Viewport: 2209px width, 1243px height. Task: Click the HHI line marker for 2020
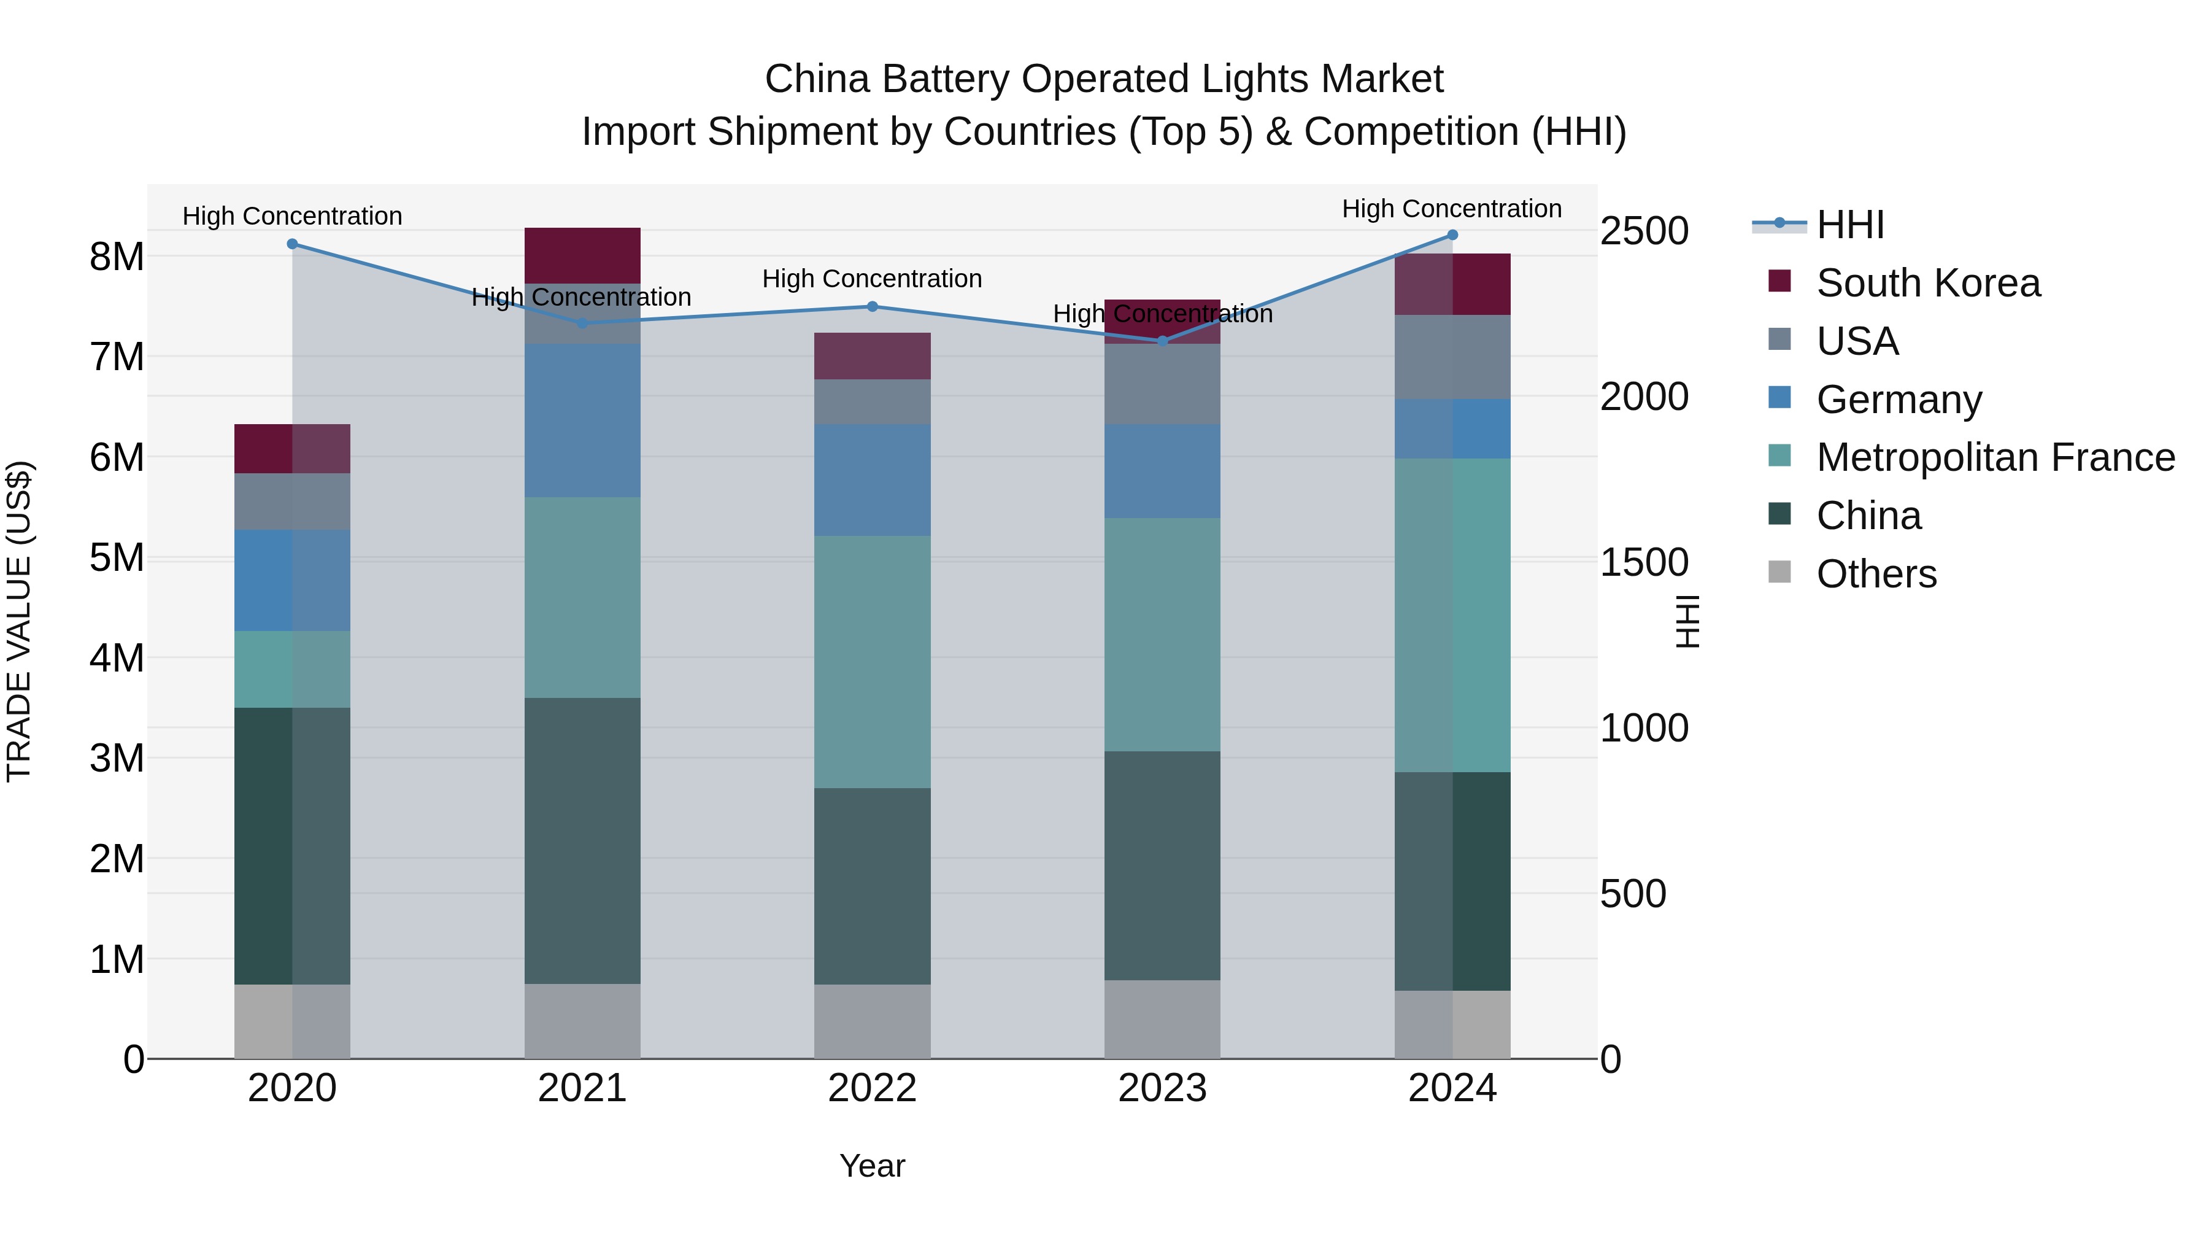pyautogui.click(x=293, y=244)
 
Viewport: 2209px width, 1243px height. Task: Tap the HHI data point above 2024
pyautogui.click(x=1452, y=234)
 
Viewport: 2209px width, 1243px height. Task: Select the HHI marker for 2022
pyautogui.click(x=872, y=306)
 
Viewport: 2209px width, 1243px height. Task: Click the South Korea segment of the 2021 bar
pyautogui.click(x=582, y=255)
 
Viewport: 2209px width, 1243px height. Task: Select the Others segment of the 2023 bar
pyautogui.click(x=1162, y=1019)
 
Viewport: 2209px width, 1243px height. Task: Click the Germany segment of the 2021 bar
pyautogui.click(x=582, y=420)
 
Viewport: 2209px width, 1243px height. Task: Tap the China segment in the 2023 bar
pyautogui.click(x=1162, y=865)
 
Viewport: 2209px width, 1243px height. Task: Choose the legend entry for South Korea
pyautogui.click(x=1928, y=283)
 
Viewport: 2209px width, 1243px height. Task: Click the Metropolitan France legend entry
pyautogui.click(x=1995, y=457)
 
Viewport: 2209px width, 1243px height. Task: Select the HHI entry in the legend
pyautogui.click(x=1849, y=225)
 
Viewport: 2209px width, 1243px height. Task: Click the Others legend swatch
pyautogui.click(x=1779, y=572)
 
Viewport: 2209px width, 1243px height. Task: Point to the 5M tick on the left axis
pyautogui.click(x=117, y=557)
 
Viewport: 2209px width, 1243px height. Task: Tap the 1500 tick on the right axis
pyautogui.click(x=1644, y=563)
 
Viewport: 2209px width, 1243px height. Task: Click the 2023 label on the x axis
pyautogui.click(x=1162, y=1088)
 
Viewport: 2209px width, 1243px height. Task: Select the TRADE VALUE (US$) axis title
pyautogui.click(x=19, y=621)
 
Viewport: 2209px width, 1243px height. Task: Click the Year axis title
pyautogui.click(x=872, y=1166)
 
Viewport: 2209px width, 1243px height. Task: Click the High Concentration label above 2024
pyautogui.click(x=1451, y=209)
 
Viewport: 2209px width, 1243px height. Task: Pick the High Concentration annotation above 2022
pyautogui.click(x=872, y=279)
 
